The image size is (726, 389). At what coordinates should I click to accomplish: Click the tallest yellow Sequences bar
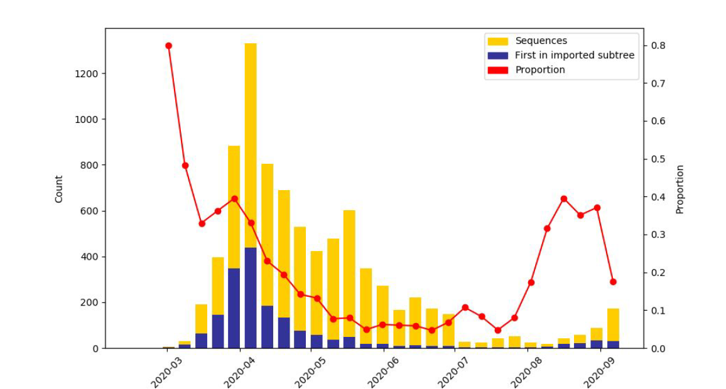tap(251, 157)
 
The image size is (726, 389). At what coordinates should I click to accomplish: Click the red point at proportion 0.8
tap(168, 46)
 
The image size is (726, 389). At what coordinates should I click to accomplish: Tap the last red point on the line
tap(613, 282)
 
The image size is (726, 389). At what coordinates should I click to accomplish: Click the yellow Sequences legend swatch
tap(497, 41)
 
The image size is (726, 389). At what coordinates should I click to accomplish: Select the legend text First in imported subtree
tap(574, 55)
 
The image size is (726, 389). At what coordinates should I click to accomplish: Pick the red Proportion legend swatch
tap(497, 70)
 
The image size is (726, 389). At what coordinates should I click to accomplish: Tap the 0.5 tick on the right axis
tap(657, 159)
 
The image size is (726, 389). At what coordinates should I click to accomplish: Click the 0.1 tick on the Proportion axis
tap(657, 311)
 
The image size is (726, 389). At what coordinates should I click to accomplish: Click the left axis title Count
tap(59, 188)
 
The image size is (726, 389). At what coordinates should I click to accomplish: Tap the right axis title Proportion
tap(680, 189)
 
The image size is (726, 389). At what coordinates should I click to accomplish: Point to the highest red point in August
tap(564, 199)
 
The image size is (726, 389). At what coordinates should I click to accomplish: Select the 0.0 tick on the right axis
tap(657, 348)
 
